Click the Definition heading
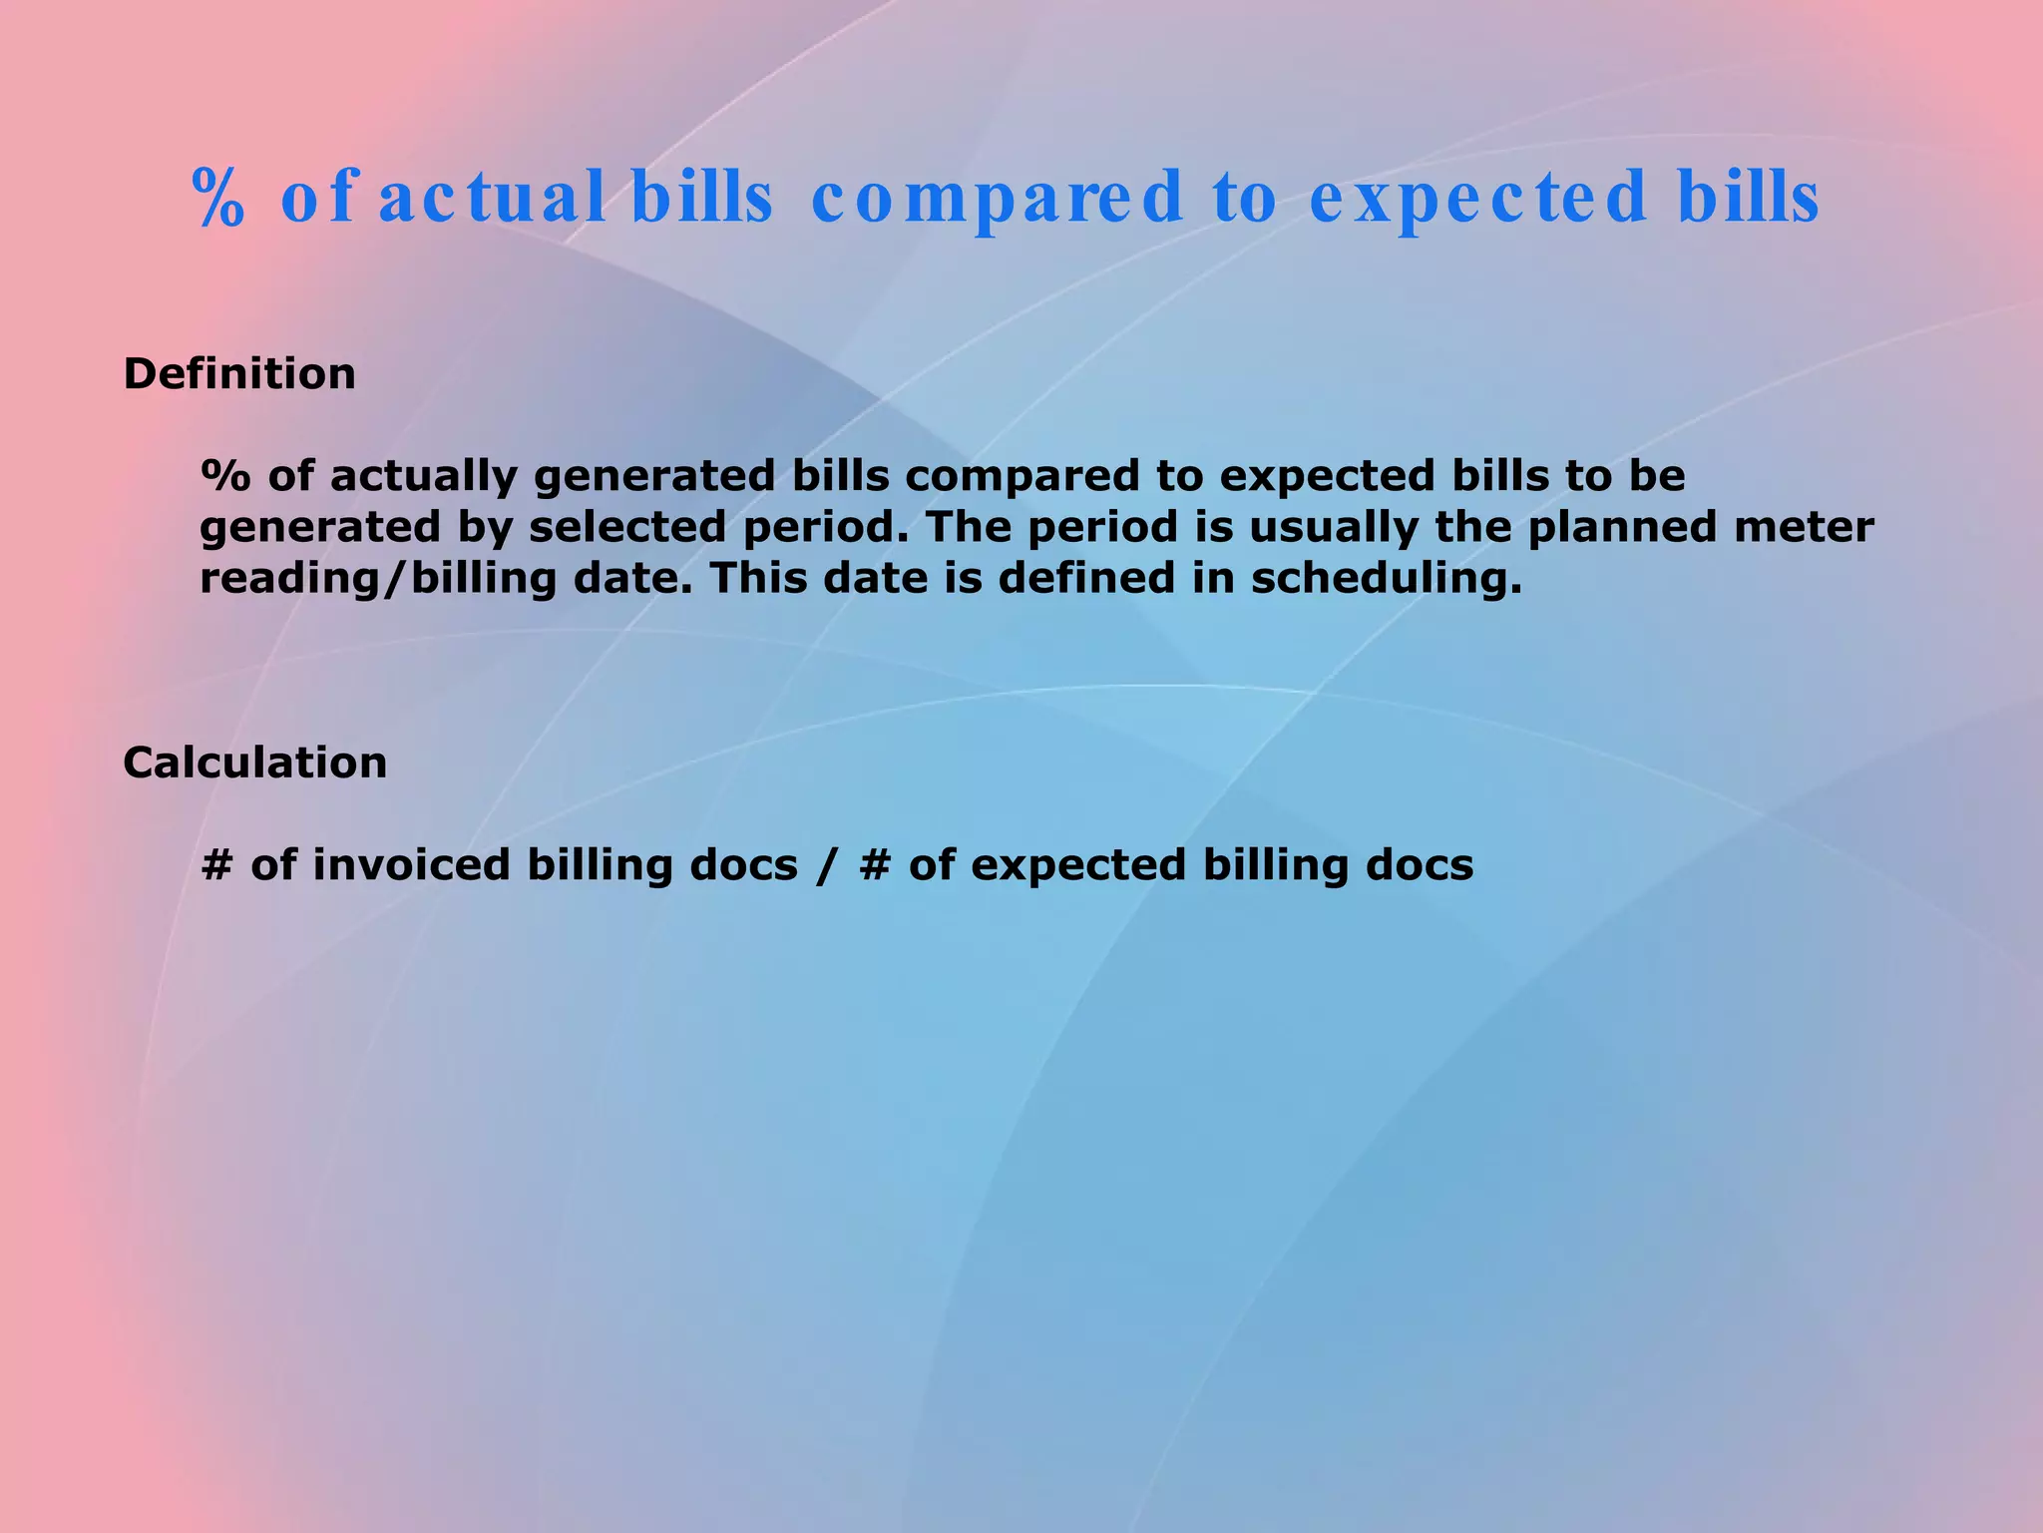pyautogui.click(x=238, y=374)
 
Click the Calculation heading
pyautogui.click(x=254, y=763)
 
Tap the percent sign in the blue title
pyautogui.click(x=217, y=198)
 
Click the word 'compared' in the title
pyautogui.click(x=997, y=198)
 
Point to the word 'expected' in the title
pyautogui.click(x=1477, y=198)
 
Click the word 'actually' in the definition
pyautogui.click(x=424, y=476)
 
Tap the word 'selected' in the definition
pyautogui.click(x=626, y=527)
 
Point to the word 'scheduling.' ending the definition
pyautogui.click(x=1387, y=579)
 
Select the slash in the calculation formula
pyautogui.click(x=824, y=864)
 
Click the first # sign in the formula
pyautogui.click(x=215, y=864)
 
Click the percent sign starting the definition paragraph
pyautogui.click(x=225, y=476)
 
